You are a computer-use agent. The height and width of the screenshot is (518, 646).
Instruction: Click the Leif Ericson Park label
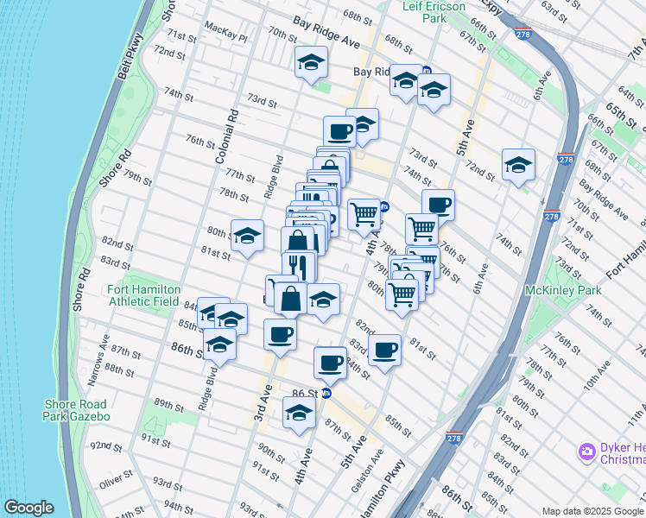pyautogui.click(x=434, y=11)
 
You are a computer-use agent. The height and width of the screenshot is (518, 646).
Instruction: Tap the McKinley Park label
pyautogui.click(x=563, y=290)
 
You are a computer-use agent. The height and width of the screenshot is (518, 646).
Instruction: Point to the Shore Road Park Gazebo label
pyautogui.click(x=76, y=410)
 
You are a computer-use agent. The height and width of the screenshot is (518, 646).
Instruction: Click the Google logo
pyautogui.click(x=28, y=508)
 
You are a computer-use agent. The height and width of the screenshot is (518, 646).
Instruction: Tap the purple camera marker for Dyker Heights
pyautogui.click(x=587, y=451)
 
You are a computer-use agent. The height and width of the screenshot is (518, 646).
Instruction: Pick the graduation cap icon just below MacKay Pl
pyautogui.click(x=311, y=61)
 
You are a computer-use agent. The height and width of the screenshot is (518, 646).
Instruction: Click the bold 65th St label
pyautogui.click(x=620, y=111)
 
